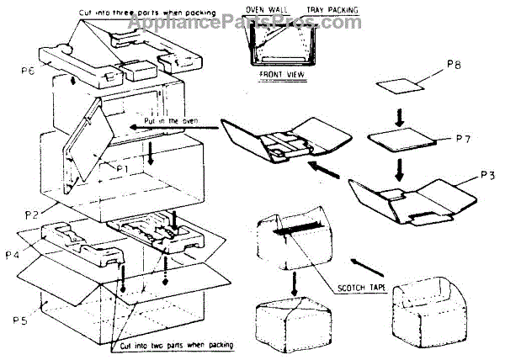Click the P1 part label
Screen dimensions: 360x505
click(x=122, y=167)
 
